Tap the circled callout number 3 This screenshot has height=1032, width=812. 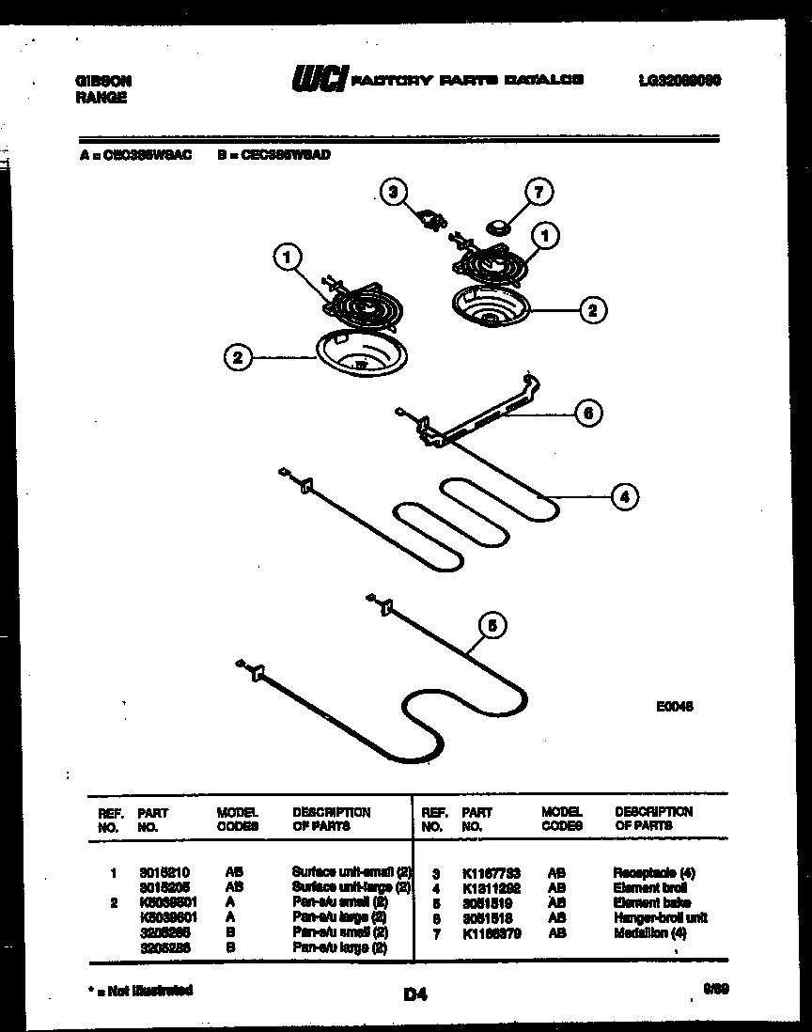point(395,193)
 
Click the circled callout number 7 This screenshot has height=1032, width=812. point(539,193)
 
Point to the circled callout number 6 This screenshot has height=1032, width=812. point(587,413)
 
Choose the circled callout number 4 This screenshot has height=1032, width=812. point(624,497)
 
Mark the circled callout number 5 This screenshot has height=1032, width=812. point(491,625)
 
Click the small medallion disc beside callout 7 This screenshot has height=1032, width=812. point(498,225)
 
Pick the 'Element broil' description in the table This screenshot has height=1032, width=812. point(649,887)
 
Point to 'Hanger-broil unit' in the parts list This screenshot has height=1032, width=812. point(660,917)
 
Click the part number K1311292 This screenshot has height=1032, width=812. point(490,887)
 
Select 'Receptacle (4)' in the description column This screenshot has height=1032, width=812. point(654,872)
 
